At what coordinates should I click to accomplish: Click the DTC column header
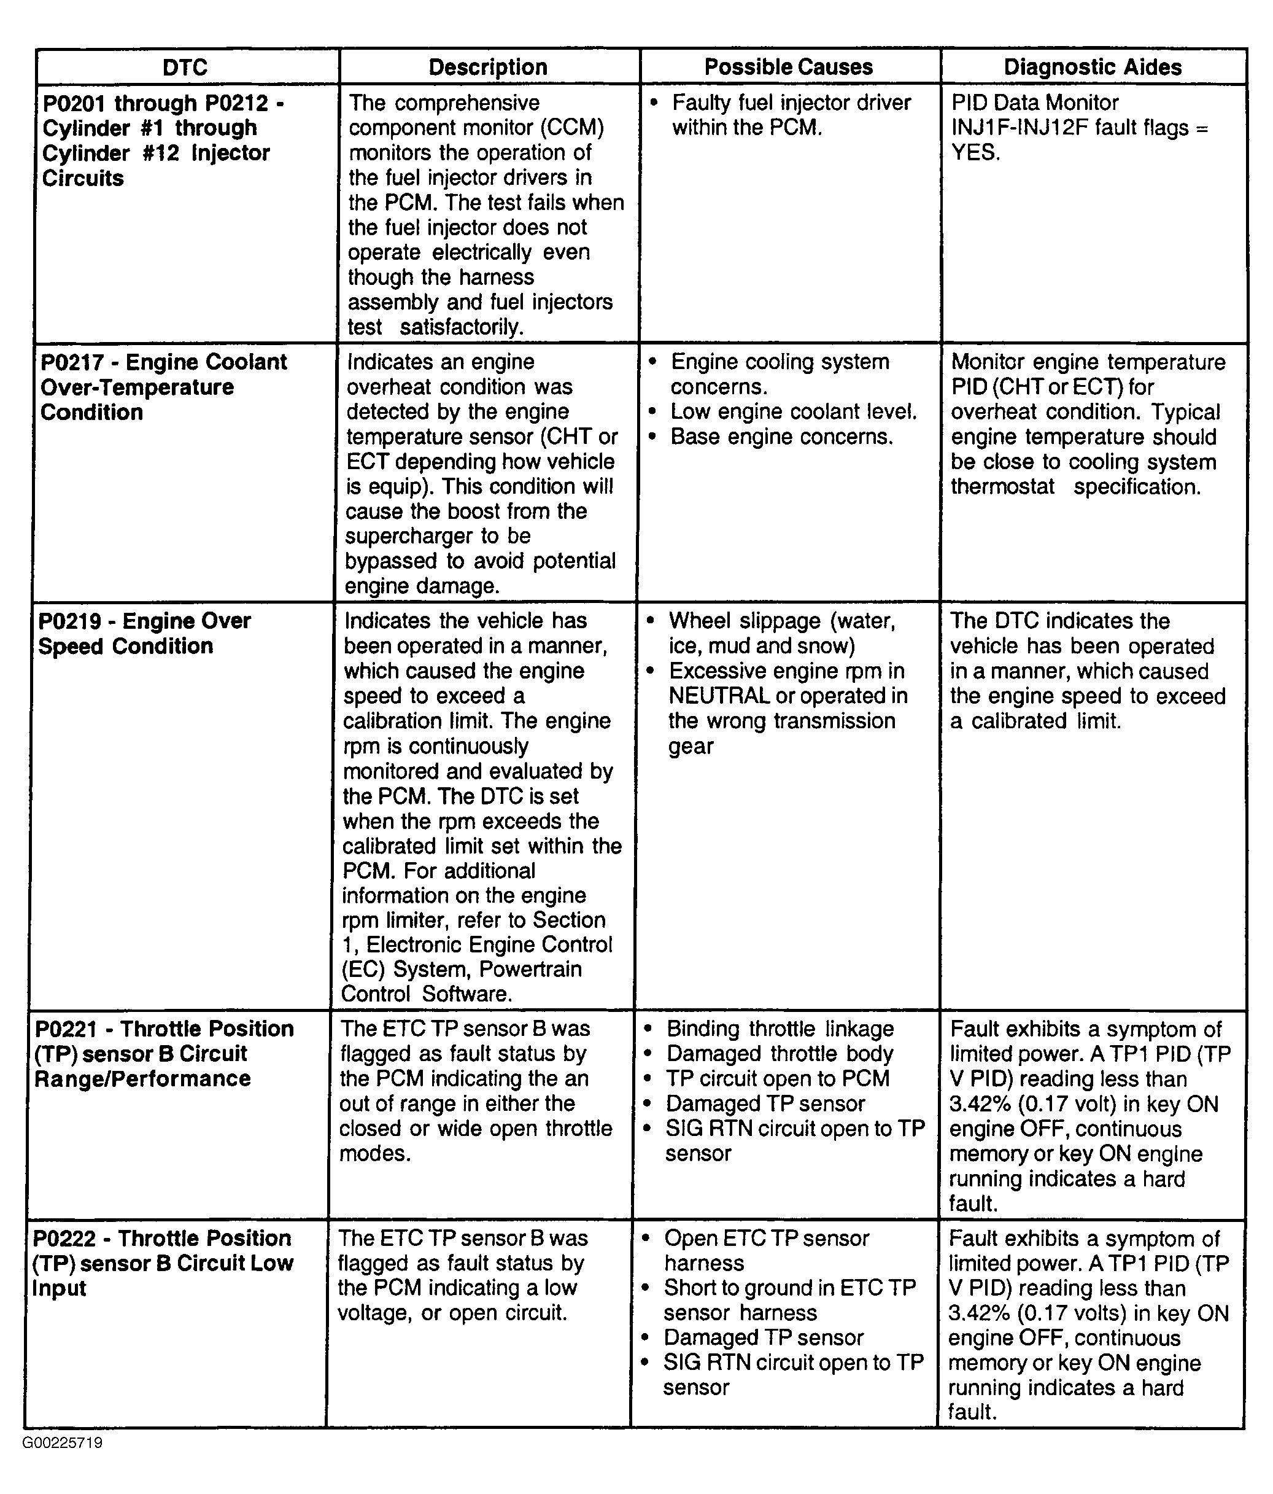(x=185, y=67)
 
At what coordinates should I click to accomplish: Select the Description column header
(x=488, y=67)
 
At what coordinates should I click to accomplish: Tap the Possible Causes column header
(x=789, y=67)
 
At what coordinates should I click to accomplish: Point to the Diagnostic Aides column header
(x=1093, y=67)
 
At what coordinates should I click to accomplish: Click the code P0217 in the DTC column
(x=69, y=362)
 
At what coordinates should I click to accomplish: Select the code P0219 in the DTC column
(x=66, y=621)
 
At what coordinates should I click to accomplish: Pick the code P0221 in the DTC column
(x=63, y=1029)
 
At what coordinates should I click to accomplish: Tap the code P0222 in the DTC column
(x=63, y=1238)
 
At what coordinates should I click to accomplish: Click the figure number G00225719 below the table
(x=62, y=1443)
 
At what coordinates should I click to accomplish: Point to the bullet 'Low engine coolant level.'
(x=793, y=411)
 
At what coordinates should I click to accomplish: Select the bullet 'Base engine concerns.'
(x=781, y=437)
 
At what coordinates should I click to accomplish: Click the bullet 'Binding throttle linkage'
(x=780, y=1029)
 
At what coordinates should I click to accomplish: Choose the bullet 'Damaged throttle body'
(x=780, y=1054)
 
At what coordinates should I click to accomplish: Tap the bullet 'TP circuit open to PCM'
(x=777, y=1079)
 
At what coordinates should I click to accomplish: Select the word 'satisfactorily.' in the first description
(x=462, y=327)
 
